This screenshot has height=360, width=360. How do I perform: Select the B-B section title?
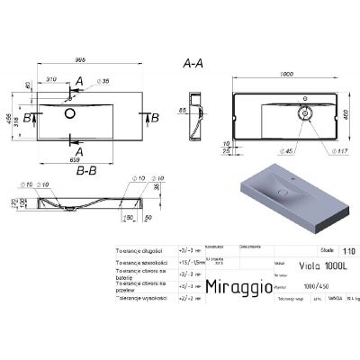87,166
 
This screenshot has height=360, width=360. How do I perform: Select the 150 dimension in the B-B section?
129,216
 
